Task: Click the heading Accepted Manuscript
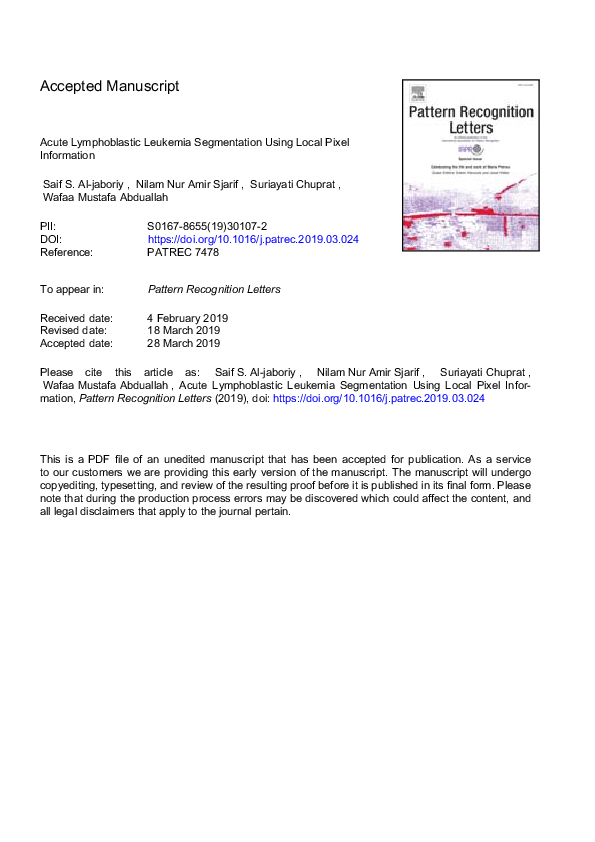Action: point(110,86)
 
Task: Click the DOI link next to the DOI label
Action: point(253,240)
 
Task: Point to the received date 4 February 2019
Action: point(188,318)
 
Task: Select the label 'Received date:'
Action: point(76,318)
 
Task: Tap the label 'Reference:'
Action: point(66,253)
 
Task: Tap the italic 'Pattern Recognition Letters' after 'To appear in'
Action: point(214,290)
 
